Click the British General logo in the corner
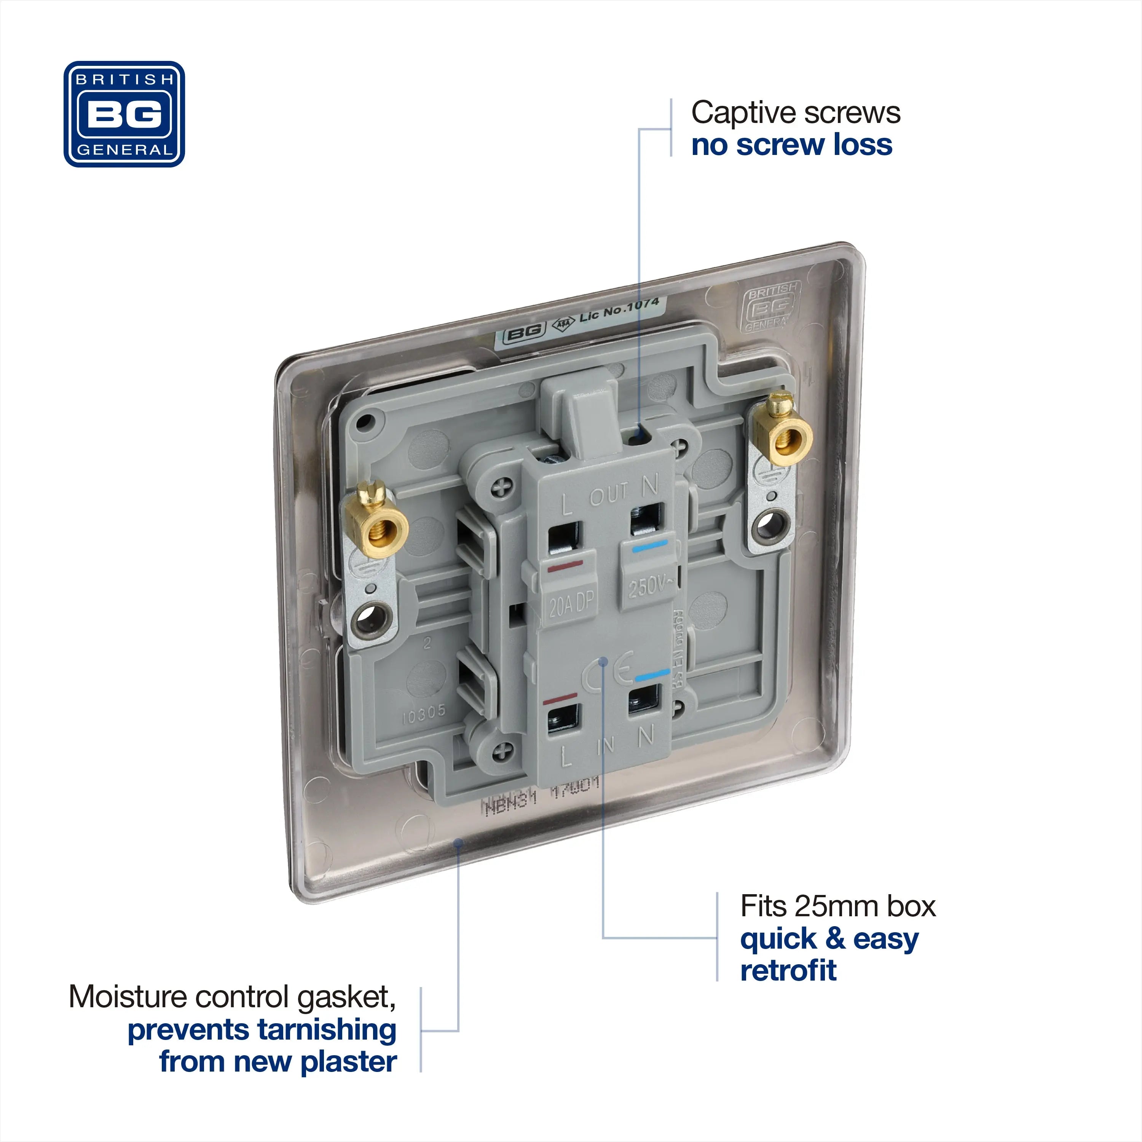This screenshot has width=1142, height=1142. tap(124, 114)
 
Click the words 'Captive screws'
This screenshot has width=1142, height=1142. tap(795, 113)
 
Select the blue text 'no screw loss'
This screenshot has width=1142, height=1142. tap(791, 145)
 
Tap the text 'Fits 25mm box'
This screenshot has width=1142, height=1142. tap(837, 906)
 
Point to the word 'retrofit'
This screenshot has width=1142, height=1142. tap(788, 971)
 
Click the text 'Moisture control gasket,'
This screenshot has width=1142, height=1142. tap(232, 997)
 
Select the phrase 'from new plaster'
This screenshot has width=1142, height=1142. tap(278, 1062)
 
